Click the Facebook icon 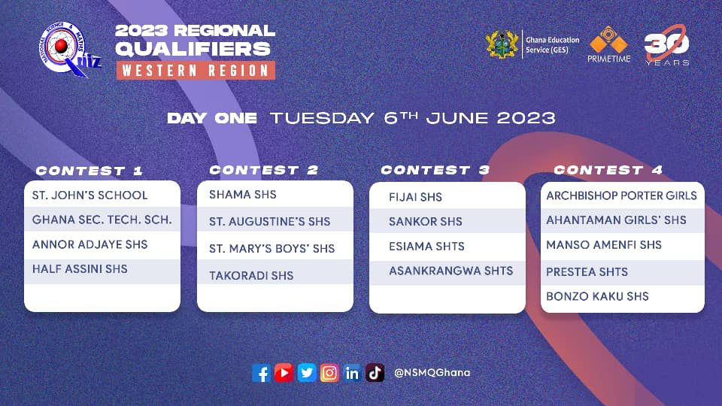[x=262, y=373]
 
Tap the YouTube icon [x=284, y=373]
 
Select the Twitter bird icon [x=307, y=373]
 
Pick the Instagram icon [x=329, y=373]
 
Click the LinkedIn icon [x=352, y=373]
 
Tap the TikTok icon [x=375, y=373]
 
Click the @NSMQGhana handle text [x=432, y=372]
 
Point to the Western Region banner [x=196, y=71]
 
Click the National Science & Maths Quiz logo [x=69, y=50]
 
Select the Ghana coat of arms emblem [x=502, y=44]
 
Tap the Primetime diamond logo [x=608, y=44]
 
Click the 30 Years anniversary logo [x=667, y=45]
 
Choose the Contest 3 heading [x=435, y=170]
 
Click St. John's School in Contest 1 [x=89, y=195]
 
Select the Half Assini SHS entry [x=80, y=269]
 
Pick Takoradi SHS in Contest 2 [x=251, y=275]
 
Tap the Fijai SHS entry [x=415, y=197]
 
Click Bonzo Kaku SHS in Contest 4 [x=597, y=296]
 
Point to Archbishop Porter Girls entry [x=622, y=195]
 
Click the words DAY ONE [x=212, y=118]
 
